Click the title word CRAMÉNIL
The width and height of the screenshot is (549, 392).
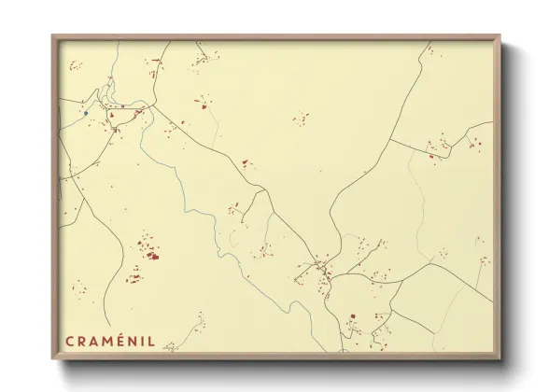pyautogui.click(x=109, y=342)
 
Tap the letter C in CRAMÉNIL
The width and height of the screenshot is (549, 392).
pyautogui.click(x=68, y=342)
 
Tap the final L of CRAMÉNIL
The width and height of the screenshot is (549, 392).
pyautogui.click(x=151, y=342)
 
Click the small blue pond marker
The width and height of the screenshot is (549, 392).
pyautogui.click(x=85, y=113)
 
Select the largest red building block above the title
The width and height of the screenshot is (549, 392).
pyautogui.click(x=150, y=255)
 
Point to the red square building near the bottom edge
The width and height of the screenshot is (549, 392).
pyautogui.click(x=353, y=316)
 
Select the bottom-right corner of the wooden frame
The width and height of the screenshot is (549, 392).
pyautogui.click(x=500, y=358)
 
